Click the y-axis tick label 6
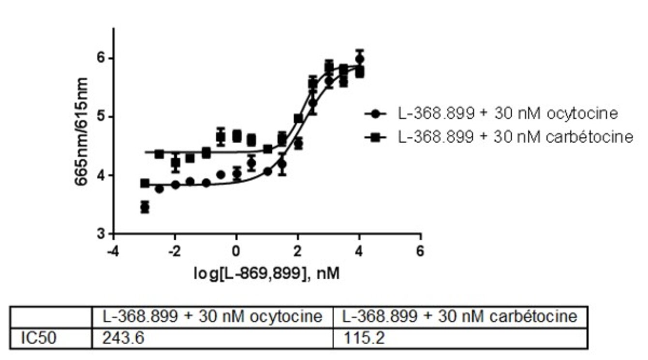click(x=101, y=58)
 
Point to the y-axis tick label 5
click(x=101, y=117)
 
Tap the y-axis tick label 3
click(x=101, y=234)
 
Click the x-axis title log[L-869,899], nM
click(x=266, y=274)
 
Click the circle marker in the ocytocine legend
click(x=376, y=114)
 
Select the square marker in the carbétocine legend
click(x=376, y=137)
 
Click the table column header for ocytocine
click(x=212, y=316)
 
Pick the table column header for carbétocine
click(x=460, y=316)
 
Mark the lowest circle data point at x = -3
click(x=145, y=207)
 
